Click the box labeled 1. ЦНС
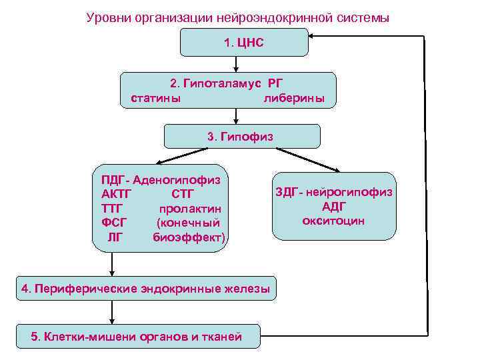(245, 42)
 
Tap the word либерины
(294, 99)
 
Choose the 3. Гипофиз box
(242, 136)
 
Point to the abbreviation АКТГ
(117, 194)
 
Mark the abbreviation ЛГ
(115, 237)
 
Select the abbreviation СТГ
(183, 194)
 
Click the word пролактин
(190, 209)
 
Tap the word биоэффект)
(189, 237)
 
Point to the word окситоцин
(333, 220)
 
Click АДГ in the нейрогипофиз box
(333, 206)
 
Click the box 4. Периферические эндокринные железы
(146, 289)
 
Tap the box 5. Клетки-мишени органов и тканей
(136, 336)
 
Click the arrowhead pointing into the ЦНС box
(315, 37)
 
